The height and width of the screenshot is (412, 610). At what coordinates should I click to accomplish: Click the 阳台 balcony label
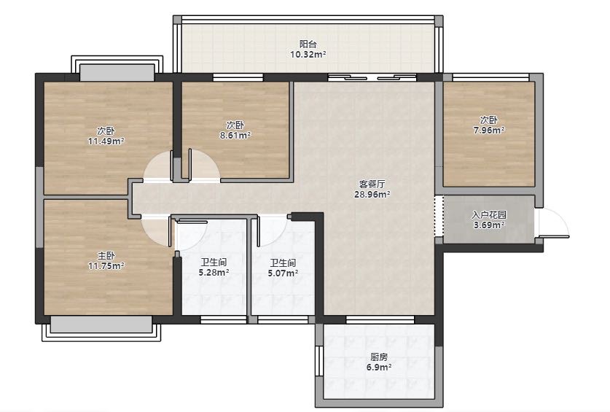point(308,44)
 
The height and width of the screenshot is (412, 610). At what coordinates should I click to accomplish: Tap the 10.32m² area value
point(308,55)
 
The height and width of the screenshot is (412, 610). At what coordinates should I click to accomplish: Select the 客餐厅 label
point(372,184)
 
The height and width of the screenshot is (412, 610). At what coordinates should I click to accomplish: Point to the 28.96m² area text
point(372,194)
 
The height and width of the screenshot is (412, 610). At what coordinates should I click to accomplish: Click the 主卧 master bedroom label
point(106,256)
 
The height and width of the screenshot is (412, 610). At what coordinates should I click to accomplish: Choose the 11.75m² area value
point(106,266)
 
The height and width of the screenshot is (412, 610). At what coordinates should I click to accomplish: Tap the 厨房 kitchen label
point(379,357)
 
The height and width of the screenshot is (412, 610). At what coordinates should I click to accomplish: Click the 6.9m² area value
point(379,367)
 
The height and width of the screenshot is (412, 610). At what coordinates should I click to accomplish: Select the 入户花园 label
point(489,214)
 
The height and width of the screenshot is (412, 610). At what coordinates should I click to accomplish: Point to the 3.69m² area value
point(489,225)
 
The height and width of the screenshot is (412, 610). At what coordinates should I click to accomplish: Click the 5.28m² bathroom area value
point(214,273)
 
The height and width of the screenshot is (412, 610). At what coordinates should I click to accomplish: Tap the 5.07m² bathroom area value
point(283,273)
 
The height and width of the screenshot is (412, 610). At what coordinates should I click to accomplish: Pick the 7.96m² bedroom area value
point(489,130)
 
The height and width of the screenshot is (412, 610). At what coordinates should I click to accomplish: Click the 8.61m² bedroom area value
point(235,136)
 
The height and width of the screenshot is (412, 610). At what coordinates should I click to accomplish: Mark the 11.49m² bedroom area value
point(106,141)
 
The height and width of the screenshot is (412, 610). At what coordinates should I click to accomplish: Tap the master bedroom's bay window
point(101,329)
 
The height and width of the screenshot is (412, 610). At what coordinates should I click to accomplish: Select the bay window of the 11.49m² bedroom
point(117,67)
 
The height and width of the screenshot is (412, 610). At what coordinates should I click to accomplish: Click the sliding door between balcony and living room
point(372,77)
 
